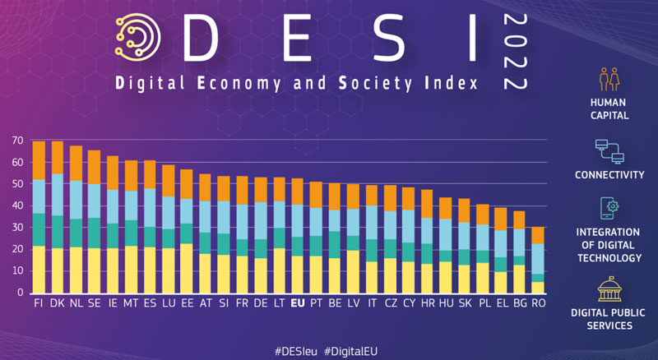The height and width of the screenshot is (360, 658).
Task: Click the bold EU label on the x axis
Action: pos(298,303)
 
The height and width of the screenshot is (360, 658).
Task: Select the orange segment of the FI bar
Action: pos(39,159)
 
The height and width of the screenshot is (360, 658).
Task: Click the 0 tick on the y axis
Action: pos(21,292)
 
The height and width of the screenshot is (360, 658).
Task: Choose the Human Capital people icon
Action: pos(609,78)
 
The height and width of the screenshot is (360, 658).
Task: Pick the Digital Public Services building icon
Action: pos(609,288)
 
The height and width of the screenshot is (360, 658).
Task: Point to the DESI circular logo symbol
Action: pos(137,37)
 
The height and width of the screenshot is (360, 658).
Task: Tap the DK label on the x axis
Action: pos(58,303)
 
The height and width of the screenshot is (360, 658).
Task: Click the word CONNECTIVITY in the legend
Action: pos(609,175)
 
